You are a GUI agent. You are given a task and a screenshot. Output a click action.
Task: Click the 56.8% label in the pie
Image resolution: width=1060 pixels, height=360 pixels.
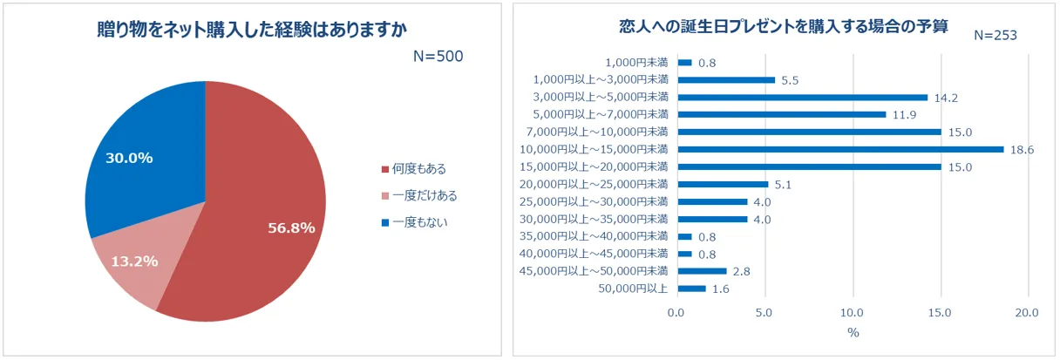(x=291, y=228)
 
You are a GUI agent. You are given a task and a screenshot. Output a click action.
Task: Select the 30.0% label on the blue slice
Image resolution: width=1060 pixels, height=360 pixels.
(x=129, y=158)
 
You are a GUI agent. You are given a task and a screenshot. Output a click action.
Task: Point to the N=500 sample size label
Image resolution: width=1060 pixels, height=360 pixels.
(x=438, y=57)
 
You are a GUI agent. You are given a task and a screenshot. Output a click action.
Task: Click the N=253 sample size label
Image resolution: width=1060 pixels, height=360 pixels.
(x=995, y=35)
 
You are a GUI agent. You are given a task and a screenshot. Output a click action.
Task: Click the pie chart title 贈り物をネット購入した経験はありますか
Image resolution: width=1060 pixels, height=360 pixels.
(x=253, y=29)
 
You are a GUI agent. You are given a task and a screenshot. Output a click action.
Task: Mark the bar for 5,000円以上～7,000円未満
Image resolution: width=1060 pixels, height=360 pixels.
(x=781, y=114)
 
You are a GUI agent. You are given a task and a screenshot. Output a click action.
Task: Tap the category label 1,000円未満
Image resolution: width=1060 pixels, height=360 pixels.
(x=636, y=63)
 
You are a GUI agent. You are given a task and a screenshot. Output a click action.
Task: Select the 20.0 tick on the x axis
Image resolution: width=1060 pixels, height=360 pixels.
(x=1029, y=313)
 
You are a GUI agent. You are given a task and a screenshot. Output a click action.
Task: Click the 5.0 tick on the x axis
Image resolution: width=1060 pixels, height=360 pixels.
(x=764, y=313)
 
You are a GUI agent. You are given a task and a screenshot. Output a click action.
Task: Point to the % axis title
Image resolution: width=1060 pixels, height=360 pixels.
(x=853, y=333)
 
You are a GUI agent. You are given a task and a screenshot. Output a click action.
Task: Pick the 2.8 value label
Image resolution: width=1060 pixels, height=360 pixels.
(x=741, y=272)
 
